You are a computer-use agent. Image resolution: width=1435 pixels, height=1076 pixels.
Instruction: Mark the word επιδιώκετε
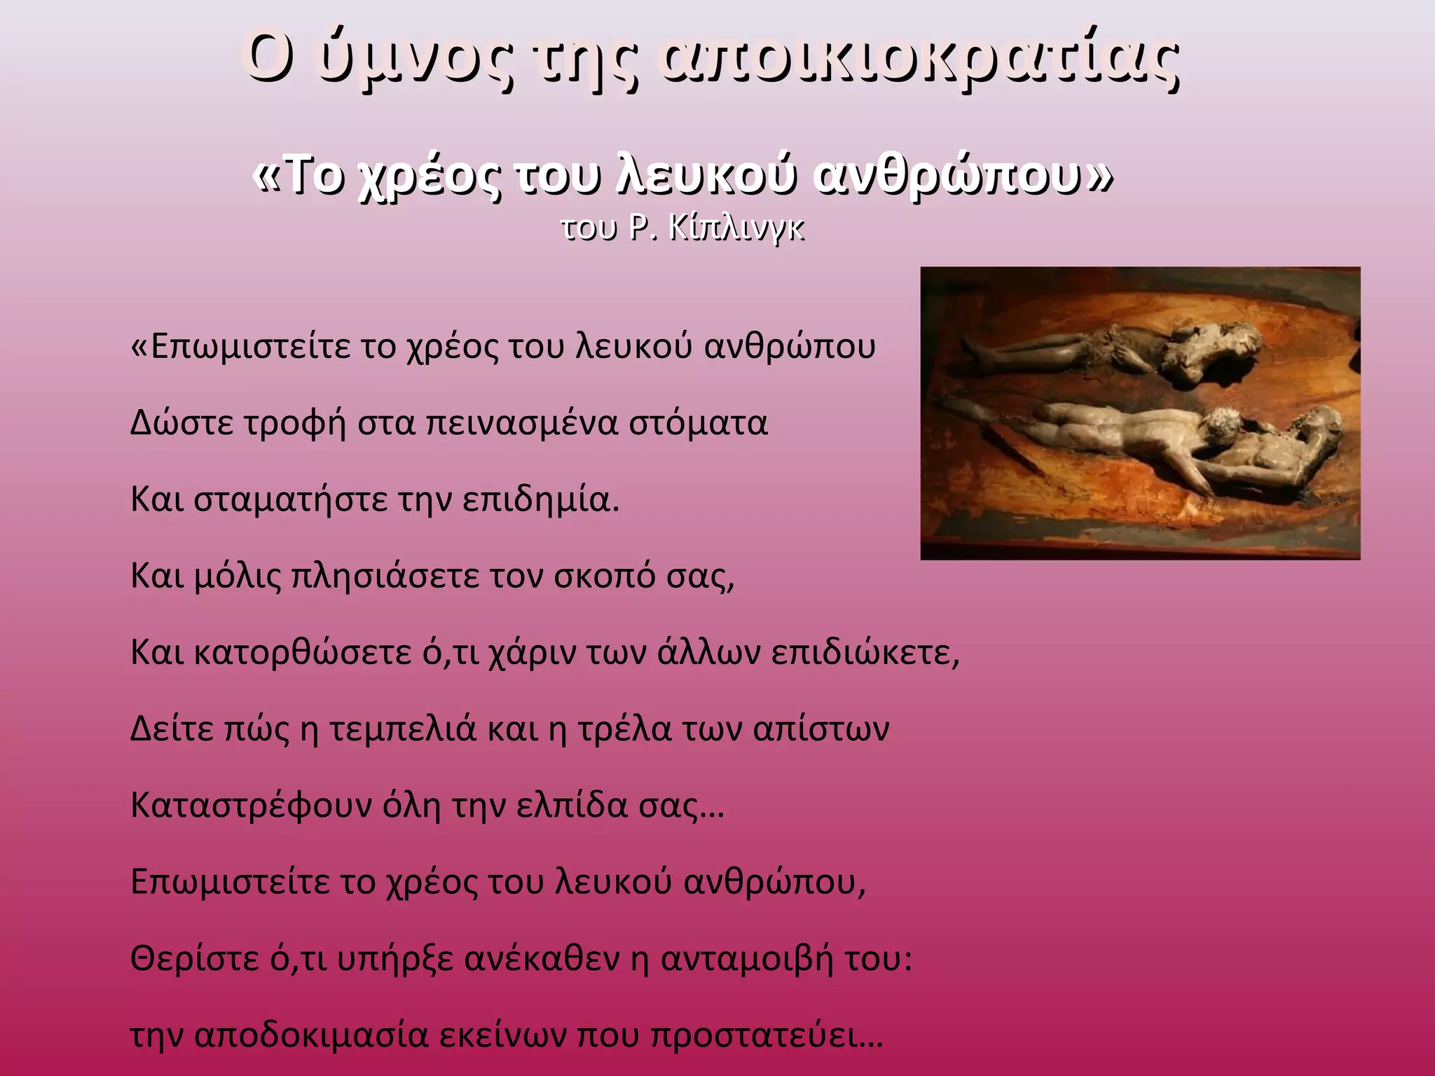865,653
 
